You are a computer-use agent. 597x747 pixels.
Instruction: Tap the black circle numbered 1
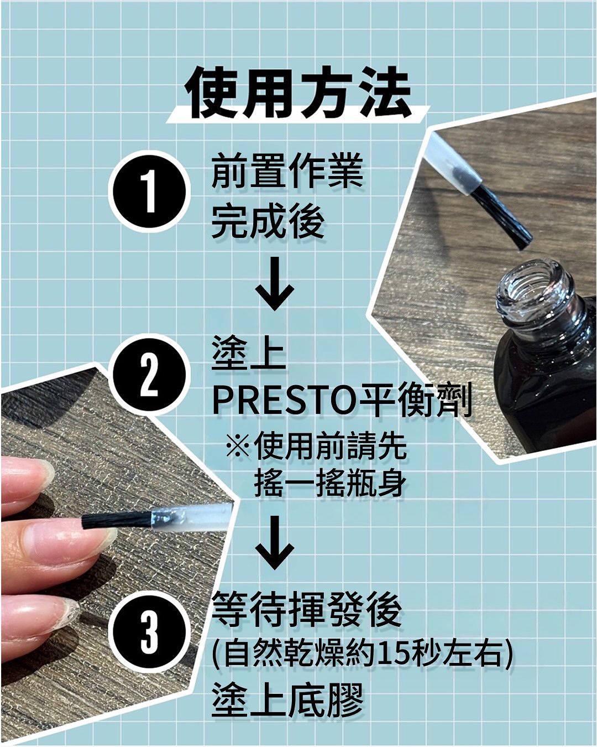149,191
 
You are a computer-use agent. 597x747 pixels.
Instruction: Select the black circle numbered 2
149,375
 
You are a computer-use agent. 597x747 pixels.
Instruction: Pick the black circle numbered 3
149,629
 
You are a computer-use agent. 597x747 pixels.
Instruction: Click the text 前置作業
287,172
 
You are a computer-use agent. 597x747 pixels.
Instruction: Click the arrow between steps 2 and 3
275,542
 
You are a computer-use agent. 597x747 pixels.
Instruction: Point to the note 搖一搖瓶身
330,483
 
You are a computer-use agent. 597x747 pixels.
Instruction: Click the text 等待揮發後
306,610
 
